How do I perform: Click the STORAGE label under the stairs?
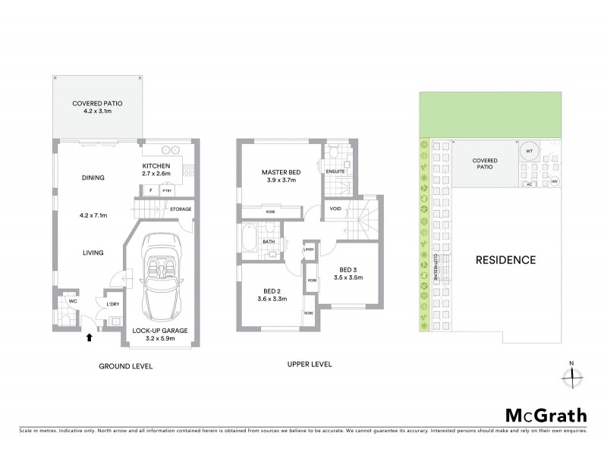click(181, 209)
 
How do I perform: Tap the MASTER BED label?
click(281, 172)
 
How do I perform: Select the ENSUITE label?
click(335, 171)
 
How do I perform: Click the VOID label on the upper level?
click(335, 209)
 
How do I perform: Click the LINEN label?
click(309, 249)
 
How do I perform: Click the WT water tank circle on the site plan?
click(529, 152)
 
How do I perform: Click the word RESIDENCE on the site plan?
click(505, 260)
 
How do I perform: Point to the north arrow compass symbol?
click(574, 373)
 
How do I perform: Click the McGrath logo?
click(546, 415)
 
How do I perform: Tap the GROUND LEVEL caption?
click(126, 366)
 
